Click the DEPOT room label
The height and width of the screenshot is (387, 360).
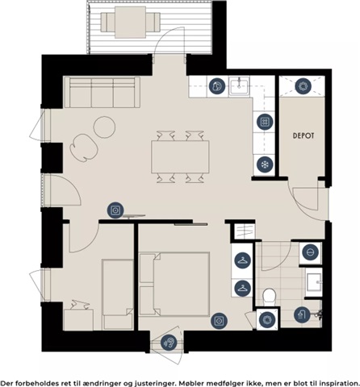point(303,135)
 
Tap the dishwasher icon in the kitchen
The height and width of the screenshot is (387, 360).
point(217,86)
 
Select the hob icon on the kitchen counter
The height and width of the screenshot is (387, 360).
point(265,122)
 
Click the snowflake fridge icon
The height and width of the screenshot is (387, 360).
point(265,164)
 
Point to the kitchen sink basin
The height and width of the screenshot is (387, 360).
point(239,85)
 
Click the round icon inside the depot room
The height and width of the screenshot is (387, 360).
point(303,86)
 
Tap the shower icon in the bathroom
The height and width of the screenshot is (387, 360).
point(302,314)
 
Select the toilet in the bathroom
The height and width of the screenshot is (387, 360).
point(269,298)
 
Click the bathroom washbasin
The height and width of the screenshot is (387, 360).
point(314,282)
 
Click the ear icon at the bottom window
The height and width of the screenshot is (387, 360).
point(169,343)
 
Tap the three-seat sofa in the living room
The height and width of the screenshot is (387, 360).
point(103,92)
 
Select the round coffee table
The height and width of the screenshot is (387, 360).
point(104,127)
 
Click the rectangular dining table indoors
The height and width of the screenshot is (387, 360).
point(180,157)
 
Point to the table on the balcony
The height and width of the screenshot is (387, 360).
point(131,22)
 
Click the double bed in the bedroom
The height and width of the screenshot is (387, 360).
point(174,284)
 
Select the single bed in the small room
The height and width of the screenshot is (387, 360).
point(118,294)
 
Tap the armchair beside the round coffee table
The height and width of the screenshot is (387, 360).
point(84,148)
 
